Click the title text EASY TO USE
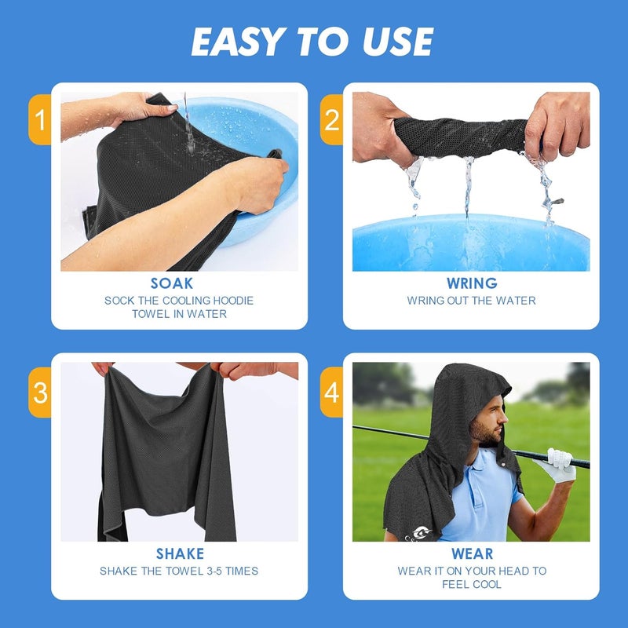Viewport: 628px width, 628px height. coord(312,42)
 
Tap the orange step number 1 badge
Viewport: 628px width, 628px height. coord(39,120)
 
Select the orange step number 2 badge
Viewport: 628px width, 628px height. coord(331,120)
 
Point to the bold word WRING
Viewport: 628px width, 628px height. coord(471,283)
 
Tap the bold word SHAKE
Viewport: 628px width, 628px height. coord(180,554)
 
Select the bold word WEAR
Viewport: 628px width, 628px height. coord(471,554)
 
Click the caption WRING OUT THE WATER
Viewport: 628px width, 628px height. coord(471,301)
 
